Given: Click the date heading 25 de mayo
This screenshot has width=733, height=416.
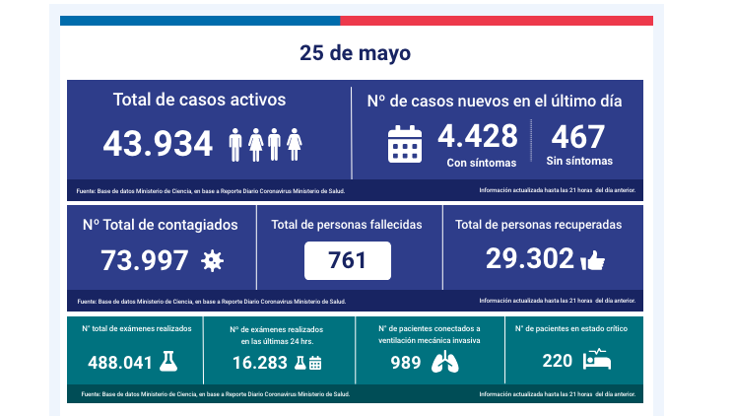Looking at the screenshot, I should (x=356, y=52).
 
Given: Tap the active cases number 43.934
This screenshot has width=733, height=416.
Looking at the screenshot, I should (x=158, y=144).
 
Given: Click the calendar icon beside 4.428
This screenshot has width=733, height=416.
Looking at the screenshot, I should (x=404, y=143).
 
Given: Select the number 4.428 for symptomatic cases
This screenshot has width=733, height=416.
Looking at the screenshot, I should (x=478, y=135).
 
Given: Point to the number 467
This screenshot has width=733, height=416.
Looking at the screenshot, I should (x=578, y=135).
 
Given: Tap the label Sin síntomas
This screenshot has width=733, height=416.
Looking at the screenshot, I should (x=578, y=161).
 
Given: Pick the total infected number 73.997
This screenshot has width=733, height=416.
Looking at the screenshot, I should (x=145, y=260).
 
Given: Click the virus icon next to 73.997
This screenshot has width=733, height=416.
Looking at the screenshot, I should (x=212, y=260).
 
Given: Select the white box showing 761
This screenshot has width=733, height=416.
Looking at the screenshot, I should (x=348, y=260).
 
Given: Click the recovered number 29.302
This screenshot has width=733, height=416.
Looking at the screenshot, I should (x=529, y=258).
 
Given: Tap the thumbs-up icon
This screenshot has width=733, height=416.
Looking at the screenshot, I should (x=592, y=260).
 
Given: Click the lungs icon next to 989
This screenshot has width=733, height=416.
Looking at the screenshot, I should (x=445, y=362).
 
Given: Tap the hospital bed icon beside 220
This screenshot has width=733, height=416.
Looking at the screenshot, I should (x=597, y=361).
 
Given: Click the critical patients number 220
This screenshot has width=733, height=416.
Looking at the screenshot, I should (x=557, y=362).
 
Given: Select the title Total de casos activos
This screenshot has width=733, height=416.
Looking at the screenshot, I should (x=199, y=100).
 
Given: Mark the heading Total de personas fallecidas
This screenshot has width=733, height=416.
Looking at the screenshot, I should (x=347, y=225).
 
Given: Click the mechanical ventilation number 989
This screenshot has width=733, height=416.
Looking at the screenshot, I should (x=405, y=362).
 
